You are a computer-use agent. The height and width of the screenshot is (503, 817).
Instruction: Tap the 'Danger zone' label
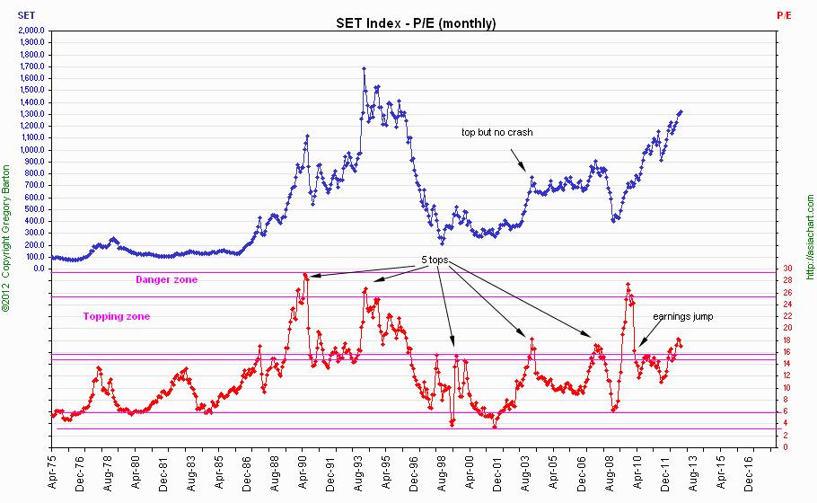166,279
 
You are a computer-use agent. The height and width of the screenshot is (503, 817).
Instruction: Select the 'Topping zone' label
117,316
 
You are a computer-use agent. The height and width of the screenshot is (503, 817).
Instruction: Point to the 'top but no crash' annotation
496,132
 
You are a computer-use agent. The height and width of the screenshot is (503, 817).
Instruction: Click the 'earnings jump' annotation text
682,316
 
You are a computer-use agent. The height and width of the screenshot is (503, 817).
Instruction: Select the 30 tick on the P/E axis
786,269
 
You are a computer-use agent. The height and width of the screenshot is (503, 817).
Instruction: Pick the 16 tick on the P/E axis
786,352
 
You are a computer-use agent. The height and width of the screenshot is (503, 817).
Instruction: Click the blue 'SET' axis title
26,15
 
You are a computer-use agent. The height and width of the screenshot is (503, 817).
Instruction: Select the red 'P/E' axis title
784,15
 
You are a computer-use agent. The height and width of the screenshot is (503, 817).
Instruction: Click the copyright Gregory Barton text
7,238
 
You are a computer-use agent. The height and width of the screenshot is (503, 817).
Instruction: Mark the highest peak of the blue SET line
364,68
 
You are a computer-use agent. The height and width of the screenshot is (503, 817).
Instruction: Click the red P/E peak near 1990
305,275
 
